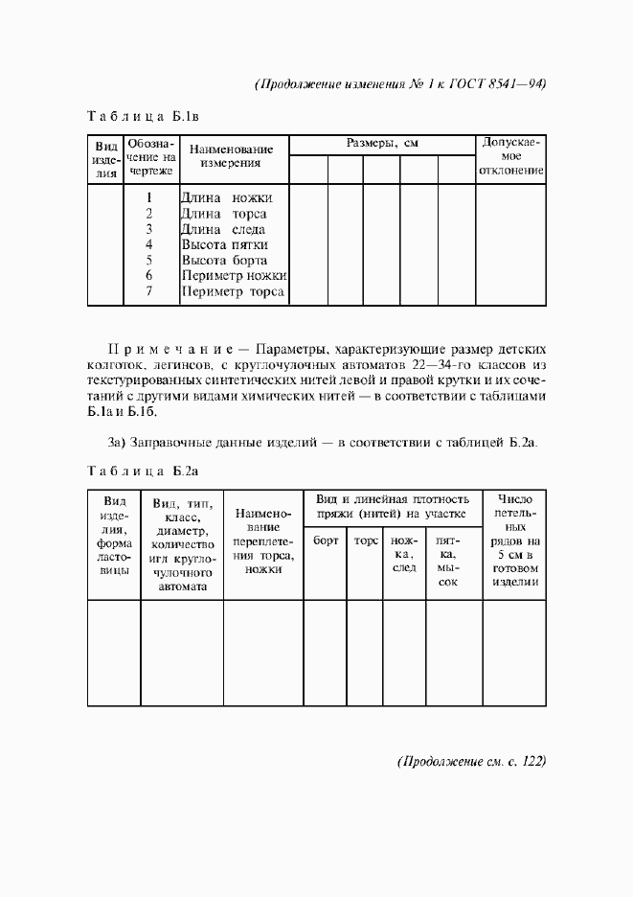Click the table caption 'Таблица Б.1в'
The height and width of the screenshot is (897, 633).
tap(143, 118)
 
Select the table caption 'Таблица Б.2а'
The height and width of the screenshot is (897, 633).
tap(143, 471)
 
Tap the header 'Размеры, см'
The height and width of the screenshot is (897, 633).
tap(382, 143)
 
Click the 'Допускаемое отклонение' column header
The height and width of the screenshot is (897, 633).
tap(512, 157)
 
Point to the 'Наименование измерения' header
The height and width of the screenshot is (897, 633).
tap(232, 156)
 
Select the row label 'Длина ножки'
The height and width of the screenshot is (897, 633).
tap(233, 198)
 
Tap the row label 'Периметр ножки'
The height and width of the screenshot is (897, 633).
tap(234, 276)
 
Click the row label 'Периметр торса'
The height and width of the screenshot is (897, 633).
tap(234, 291)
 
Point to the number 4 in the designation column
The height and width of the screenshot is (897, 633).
tap(149, 244)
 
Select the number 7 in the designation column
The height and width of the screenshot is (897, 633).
tap(149, 291)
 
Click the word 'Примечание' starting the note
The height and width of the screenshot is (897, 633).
tap(171, 347)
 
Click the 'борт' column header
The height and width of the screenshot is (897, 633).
tap(326, 540)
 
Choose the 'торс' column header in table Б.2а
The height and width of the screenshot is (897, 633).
tap(366, 540)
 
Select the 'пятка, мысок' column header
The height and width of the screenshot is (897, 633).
tap(447, 561)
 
